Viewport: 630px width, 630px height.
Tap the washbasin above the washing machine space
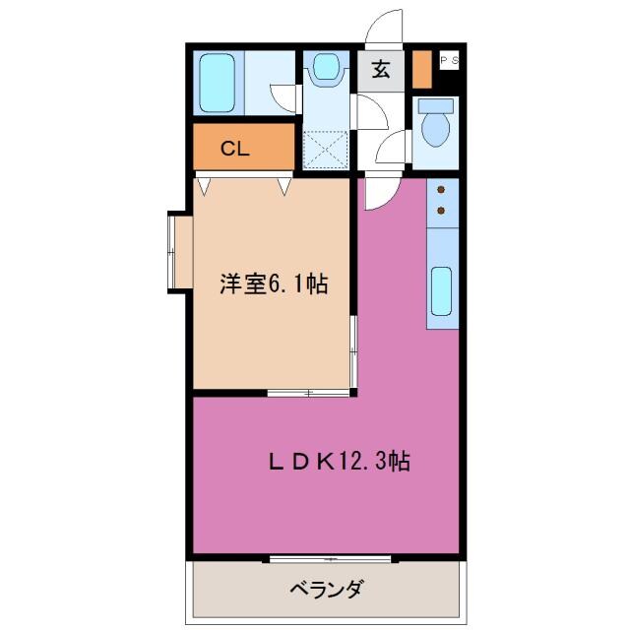pos(324,68)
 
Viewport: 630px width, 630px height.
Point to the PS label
pos(448,60)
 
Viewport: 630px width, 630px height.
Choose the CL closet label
pos(234,149)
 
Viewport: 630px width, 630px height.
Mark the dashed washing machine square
pos(327,147)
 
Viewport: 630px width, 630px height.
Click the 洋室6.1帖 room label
pos(273,284)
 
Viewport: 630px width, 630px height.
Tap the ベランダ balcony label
pos(327,590)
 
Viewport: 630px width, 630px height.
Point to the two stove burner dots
pos(441,198)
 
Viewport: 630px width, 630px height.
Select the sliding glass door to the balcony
pos(330,559)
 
